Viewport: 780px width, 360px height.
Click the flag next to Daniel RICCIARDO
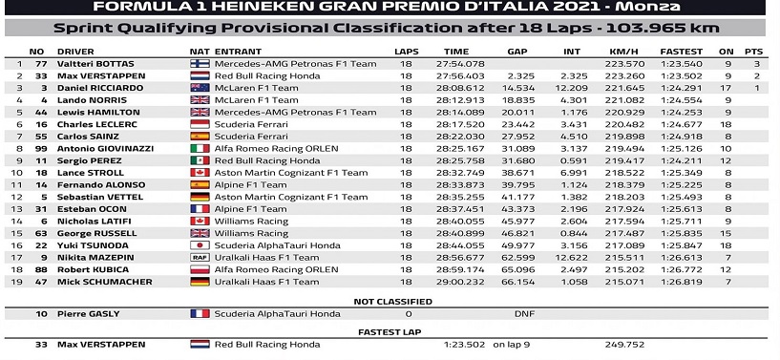[x=200, y=88]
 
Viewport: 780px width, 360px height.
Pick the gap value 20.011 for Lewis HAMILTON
[x=516, y=112]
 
